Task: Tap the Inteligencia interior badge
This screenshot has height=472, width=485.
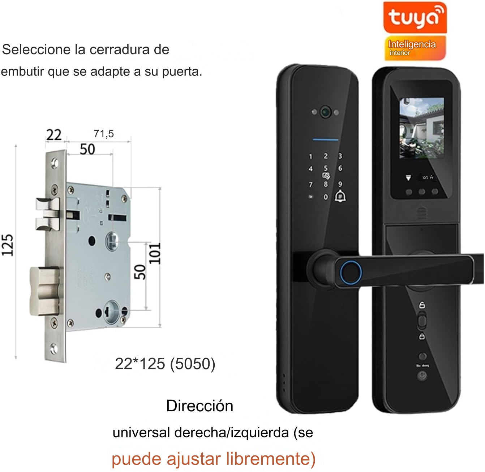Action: coord(415,48)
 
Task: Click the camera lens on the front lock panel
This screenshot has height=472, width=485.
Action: coord(325,112)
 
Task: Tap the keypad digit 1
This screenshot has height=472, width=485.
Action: coord(310,156)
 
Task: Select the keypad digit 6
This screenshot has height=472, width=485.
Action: coord(340,169)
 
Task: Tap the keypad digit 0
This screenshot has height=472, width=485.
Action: coord(326,197)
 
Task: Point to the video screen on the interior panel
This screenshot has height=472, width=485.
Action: coord(421,128)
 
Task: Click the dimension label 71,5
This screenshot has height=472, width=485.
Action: coord(104,134)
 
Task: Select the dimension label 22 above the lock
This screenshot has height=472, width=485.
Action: coord(54,135)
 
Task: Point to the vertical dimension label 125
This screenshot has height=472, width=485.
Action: coord(8,246)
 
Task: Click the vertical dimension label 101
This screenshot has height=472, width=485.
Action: coord(155,254)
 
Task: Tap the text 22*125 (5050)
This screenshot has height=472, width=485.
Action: coord(165,364)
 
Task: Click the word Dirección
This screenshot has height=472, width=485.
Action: coord(199,406)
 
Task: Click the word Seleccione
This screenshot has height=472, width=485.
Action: coord(36,49)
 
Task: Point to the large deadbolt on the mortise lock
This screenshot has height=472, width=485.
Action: coord(44,291)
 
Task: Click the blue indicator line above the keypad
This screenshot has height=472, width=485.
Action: coord(326,139)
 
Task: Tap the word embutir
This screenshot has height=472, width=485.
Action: coord(22,72)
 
